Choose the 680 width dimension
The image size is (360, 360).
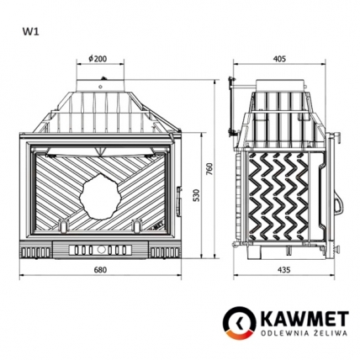[100, 269]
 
